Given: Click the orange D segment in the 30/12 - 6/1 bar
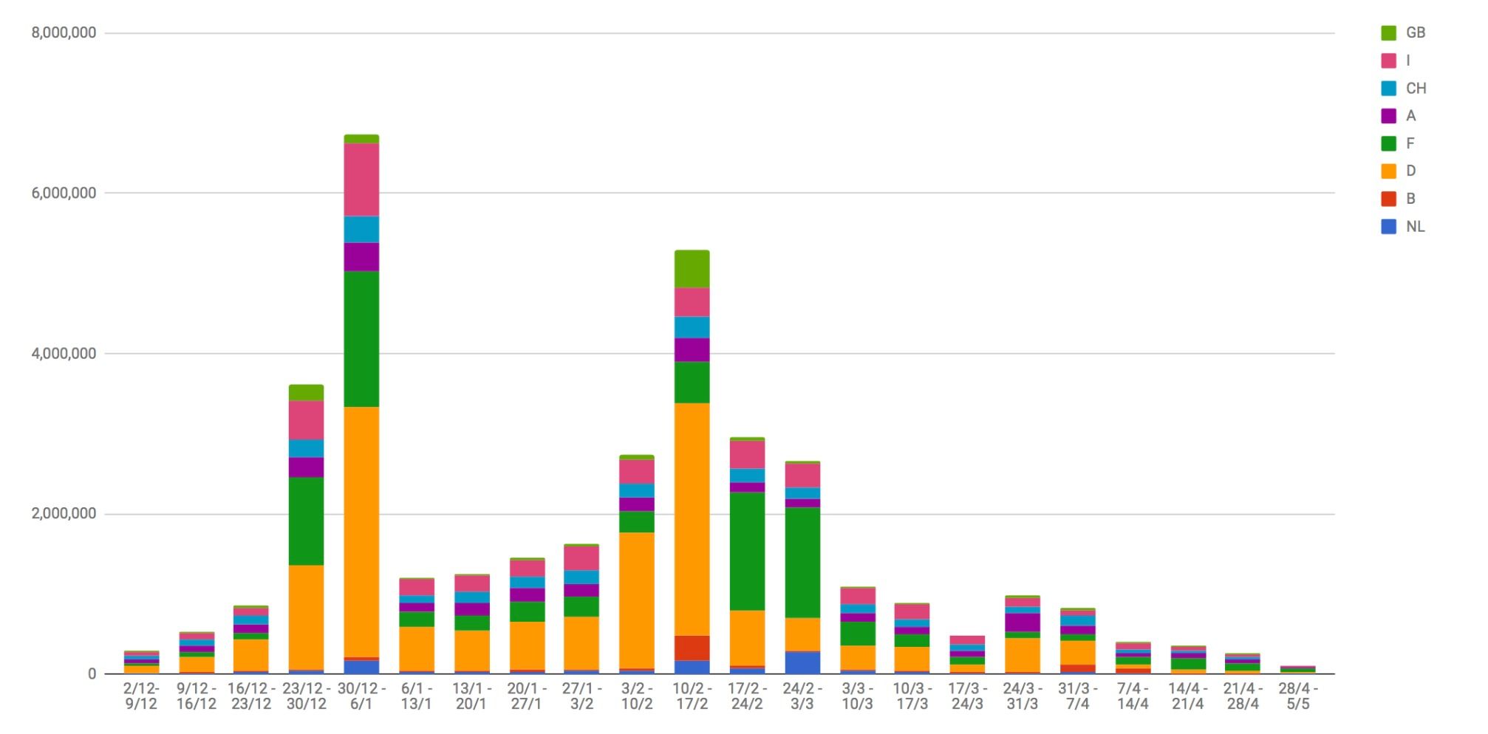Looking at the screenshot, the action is tap(361, 532).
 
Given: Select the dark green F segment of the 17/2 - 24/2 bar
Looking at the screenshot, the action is tap(747, 551).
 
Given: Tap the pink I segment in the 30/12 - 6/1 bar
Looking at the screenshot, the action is tap(361, 179).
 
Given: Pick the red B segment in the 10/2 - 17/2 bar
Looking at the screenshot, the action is tap(692, 648).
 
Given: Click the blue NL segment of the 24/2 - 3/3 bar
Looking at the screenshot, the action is tap(802, 662).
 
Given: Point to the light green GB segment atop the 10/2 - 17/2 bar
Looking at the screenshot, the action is tap(692, 269).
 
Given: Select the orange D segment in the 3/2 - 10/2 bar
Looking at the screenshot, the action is tap(637, 600).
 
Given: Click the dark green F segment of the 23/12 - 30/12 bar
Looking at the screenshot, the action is tap(306, 521).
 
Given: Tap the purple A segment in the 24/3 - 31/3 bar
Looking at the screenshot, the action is tap(1023, 622).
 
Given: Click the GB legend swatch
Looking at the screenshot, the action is tap(1389, 32).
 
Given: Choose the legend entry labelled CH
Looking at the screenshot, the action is tap(1403, 88).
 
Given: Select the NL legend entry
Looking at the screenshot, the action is tap(1403, 227).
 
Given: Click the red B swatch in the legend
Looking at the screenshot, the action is tap(1389, 199).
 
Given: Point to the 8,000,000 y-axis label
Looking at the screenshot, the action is tap(64, 32).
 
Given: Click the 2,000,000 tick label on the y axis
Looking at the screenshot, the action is tap(64, 514).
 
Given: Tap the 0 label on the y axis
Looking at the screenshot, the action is tap(92, 673).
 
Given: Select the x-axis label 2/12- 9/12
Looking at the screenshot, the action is tap(141, 696).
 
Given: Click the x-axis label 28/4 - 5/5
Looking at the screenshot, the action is tap(1298, 696).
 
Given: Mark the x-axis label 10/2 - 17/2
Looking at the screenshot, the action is tap(692, 696).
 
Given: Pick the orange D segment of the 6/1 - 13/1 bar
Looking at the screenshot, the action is tap(417, 649).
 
